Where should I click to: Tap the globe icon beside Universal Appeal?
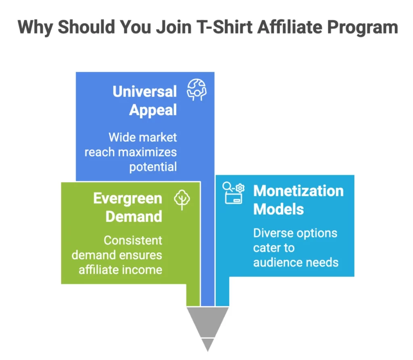point(196,89)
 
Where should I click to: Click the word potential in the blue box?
point(153,166)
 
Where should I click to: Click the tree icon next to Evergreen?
point(182,200)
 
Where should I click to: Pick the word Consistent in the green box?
point(133,240)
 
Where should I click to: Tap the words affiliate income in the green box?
point(120,269)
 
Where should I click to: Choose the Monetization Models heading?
point(298,200)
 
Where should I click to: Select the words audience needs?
point(296,262)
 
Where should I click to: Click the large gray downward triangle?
point(208,320)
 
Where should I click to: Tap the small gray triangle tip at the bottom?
point(208,343)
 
